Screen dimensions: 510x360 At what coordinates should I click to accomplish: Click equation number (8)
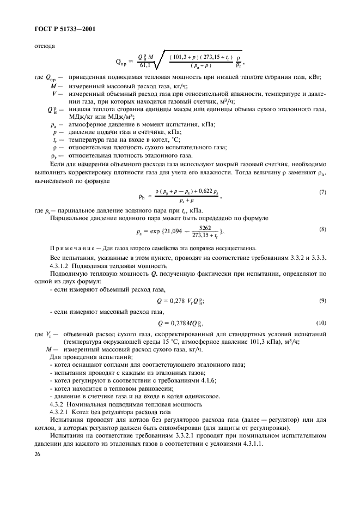pos(323,229)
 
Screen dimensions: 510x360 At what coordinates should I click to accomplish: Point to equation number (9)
pos(323,301)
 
